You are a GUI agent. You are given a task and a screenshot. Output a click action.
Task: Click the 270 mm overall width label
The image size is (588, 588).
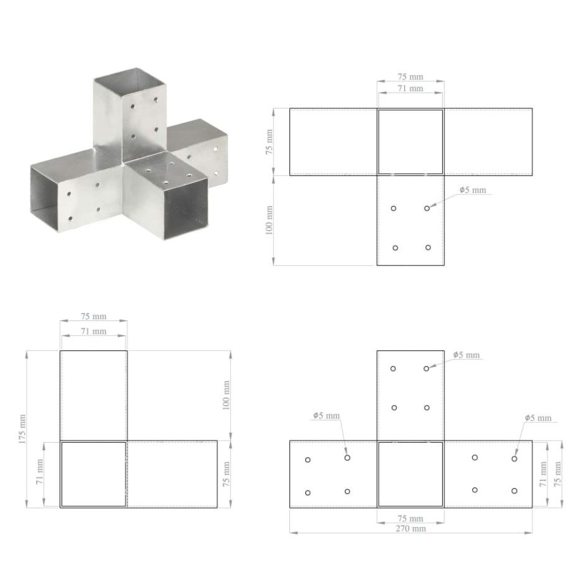point(410,528)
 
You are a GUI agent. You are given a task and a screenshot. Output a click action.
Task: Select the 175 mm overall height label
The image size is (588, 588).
point(23,428)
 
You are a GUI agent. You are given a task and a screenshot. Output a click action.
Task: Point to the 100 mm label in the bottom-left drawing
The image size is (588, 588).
point(226,395)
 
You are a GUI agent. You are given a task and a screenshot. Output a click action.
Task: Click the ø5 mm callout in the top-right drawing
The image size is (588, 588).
point(473,190)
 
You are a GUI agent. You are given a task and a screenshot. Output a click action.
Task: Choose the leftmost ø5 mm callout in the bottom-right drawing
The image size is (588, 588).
point(327,415)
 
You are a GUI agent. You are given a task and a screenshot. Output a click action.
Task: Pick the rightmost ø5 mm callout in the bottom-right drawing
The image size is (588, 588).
point(537,418)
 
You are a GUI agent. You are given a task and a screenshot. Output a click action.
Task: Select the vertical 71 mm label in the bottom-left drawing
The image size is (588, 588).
point(40,474)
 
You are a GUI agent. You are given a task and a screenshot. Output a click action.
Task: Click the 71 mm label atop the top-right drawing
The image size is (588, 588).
point(410,89)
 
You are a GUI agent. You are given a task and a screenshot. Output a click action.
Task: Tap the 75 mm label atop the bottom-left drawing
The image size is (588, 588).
point(94,317)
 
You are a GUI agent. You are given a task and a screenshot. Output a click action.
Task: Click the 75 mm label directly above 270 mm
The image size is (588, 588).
point(410,518)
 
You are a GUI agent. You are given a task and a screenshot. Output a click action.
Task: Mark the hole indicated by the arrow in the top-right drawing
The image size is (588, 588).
point(427,208)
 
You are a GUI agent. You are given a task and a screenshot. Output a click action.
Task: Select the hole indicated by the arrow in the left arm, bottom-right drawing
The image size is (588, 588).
point(347,458)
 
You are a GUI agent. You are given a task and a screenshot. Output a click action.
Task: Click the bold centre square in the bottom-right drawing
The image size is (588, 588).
point(410,474)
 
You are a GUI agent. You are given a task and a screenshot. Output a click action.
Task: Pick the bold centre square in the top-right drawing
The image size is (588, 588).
point(410,142)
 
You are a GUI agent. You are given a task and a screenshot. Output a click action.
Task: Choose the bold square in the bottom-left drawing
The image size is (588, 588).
point(93,474)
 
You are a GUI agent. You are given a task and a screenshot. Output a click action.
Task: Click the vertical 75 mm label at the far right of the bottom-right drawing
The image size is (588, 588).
point(558,474)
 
